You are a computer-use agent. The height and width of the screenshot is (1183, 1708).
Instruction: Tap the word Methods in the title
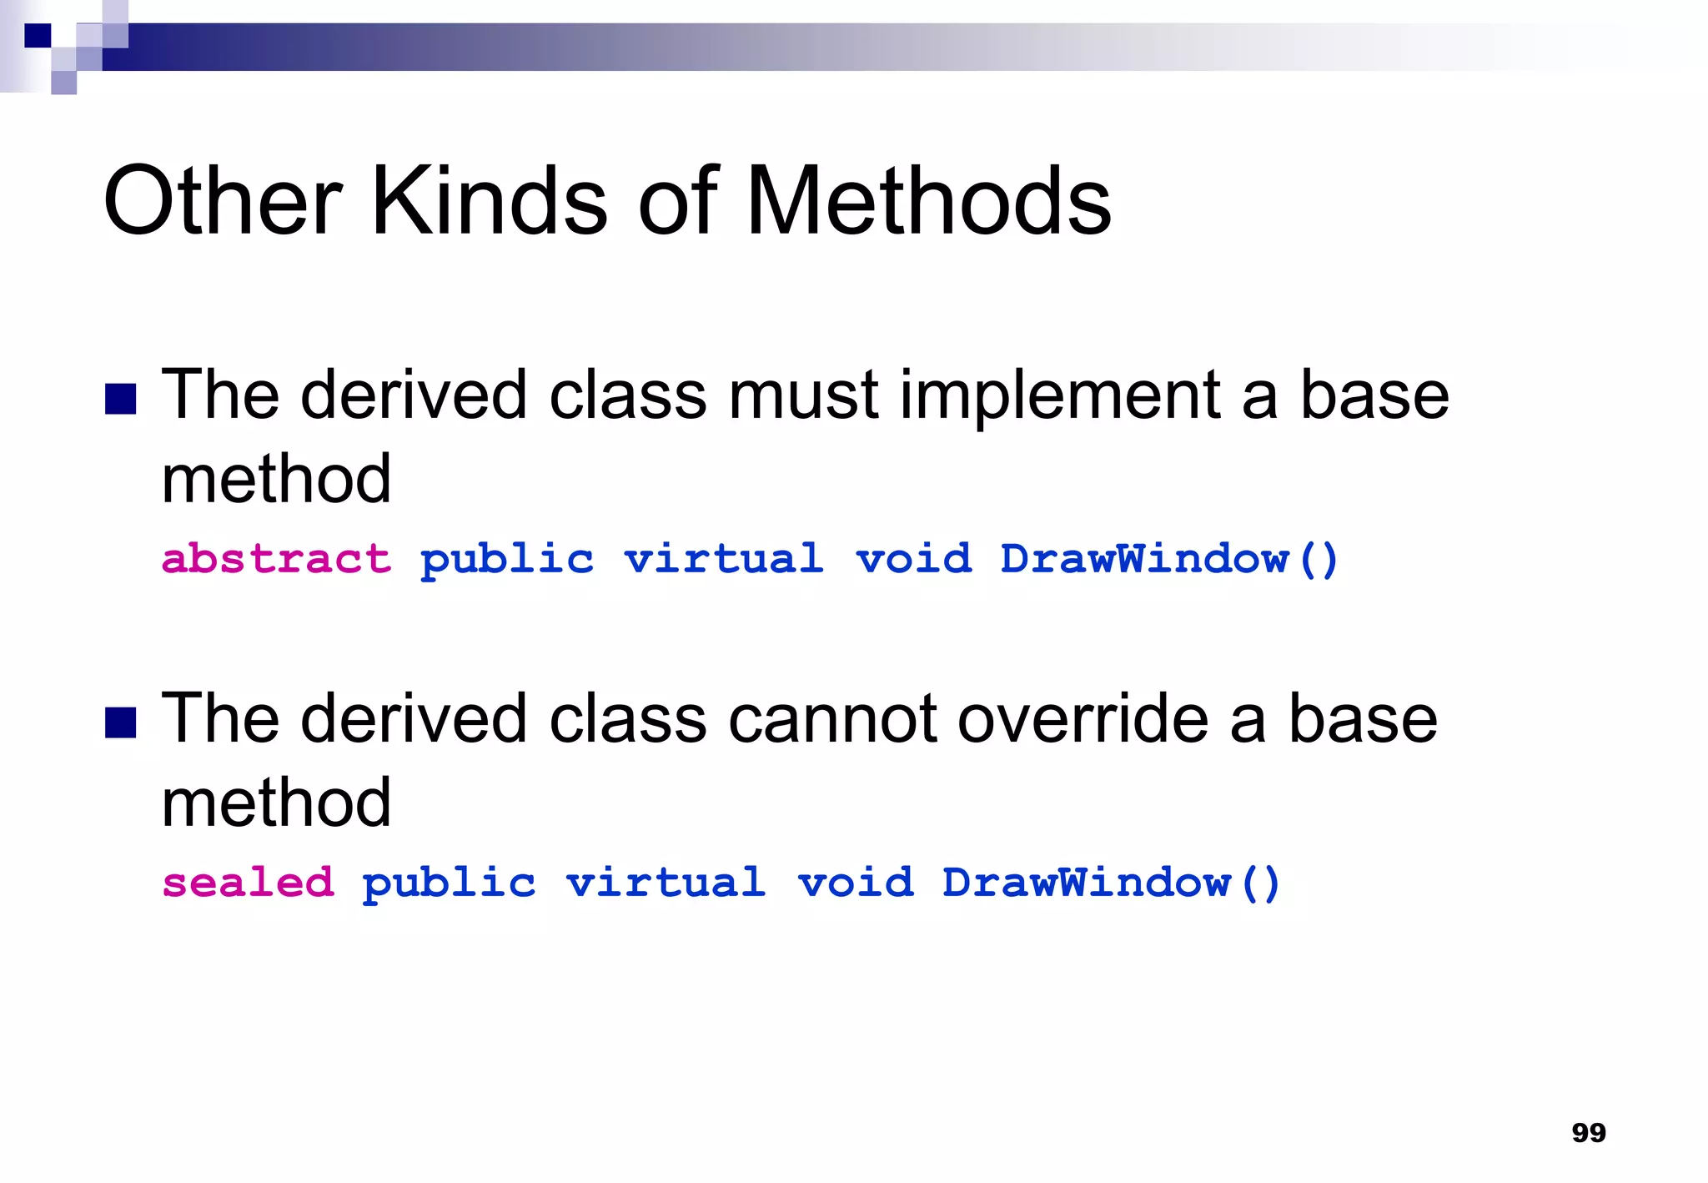pos(927,201)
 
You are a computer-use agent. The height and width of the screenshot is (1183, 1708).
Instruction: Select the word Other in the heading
pos(222,201)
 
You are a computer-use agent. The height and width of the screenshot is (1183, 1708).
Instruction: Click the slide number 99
pos(1588,1132)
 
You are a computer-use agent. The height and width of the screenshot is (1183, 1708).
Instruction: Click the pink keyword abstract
pos(276,558)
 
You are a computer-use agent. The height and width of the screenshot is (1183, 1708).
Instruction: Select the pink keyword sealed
pos(248,882)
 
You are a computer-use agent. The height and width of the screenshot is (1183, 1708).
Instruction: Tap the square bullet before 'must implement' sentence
pos(121,399)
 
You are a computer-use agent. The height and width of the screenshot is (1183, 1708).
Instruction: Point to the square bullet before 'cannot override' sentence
pos(121,722)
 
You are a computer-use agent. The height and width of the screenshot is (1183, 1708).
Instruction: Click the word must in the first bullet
pos(803,395)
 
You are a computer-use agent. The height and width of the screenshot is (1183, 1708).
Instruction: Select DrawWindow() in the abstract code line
pos(1169,558)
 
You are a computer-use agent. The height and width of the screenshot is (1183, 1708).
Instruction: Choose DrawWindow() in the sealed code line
pos(1111,882)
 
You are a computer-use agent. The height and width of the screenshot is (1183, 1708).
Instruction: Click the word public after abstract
pos(507,558)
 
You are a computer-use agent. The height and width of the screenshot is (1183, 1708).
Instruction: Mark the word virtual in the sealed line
pos(666,882)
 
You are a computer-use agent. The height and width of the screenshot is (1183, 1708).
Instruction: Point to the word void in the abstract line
pos(914,558)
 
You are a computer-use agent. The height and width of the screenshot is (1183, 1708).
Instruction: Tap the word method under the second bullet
pos(276,803)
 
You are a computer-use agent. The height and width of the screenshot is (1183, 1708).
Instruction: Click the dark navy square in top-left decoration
pos(38,35)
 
